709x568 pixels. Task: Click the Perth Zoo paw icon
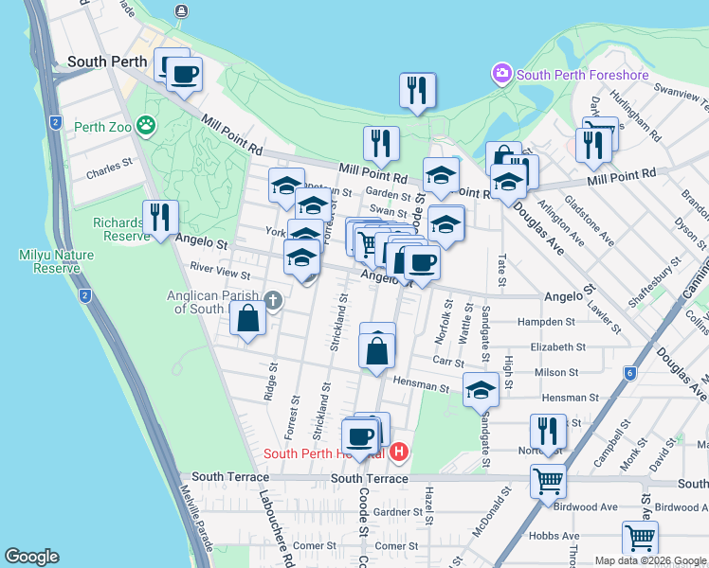coord(145,124)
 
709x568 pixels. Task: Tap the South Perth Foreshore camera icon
coord(500,73)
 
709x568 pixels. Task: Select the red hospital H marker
coord(399,453)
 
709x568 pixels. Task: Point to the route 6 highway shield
coord(630,373)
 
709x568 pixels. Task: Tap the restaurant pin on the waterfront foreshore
coord(417,91)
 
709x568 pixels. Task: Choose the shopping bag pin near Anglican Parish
coord(247,319)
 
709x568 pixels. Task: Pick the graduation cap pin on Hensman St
coord(481,389)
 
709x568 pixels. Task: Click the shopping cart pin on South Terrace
coord(548,481)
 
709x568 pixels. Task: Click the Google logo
coord(31,557)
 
